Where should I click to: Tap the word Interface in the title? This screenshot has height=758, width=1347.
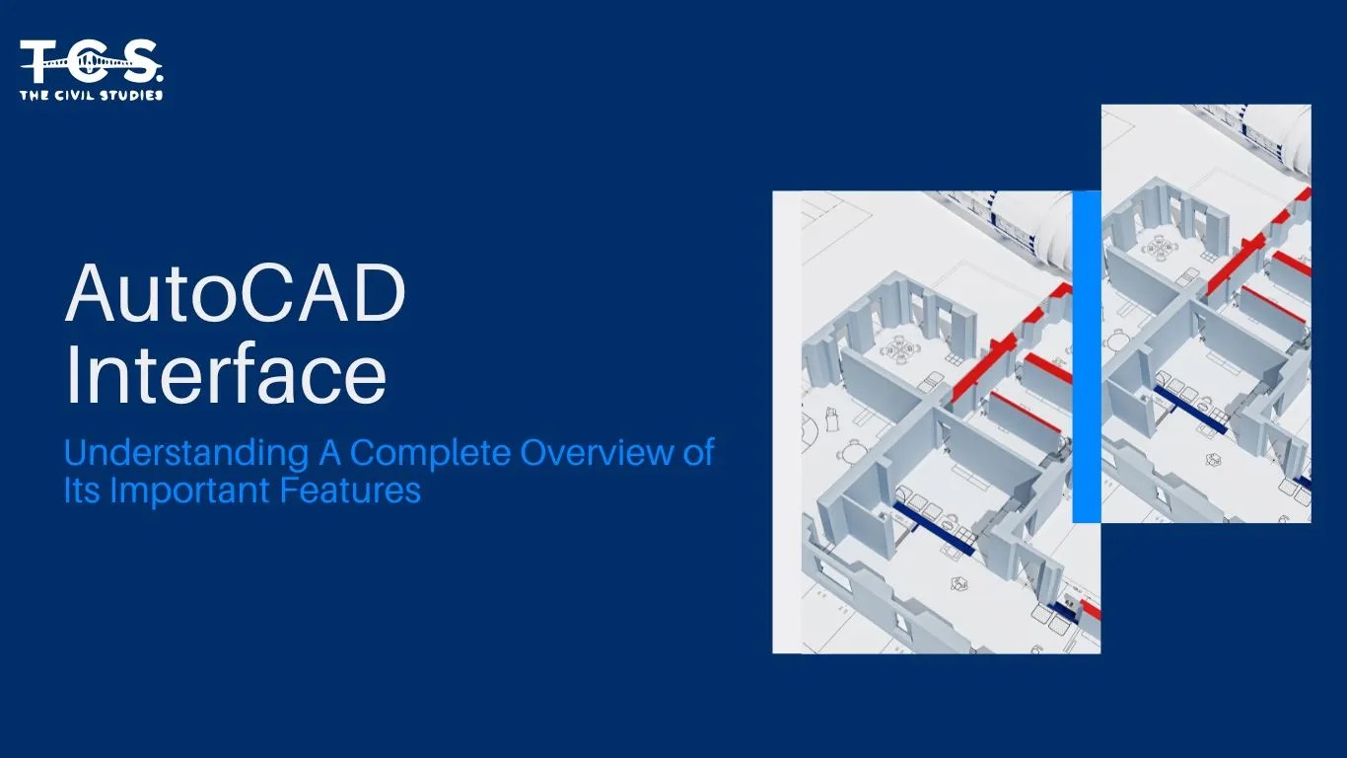pos(225,376)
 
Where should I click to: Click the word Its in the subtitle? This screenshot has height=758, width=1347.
pos(82,491)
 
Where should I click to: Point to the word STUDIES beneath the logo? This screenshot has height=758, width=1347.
pos(132,95)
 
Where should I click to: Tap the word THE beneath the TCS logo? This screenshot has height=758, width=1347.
pos(34,95)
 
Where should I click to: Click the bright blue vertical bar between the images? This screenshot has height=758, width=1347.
pos(1086,355)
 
